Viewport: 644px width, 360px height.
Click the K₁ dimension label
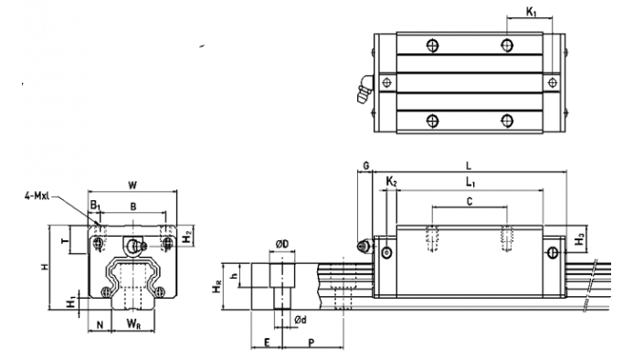tap(531, 12)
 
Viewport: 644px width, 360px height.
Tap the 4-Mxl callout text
tap(37, 196)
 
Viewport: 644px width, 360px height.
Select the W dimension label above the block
tap(132, 185)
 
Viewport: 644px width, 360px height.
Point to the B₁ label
tap(95, 205)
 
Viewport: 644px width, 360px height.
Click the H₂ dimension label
tap(187, 237)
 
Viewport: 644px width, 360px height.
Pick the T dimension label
tap(65, 239)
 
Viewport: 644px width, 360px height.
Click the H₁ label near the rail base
tap(71, 302)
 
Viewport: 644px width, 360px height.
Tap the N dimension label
tap(100, 324)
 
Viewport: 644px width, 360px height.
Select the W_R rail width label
tap(133, 323)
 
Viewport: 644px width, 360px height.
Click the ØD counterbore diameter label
tap(282, 245)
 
